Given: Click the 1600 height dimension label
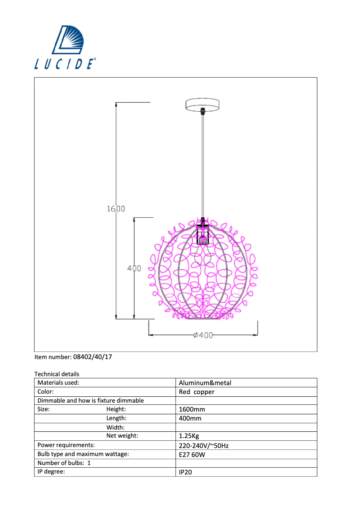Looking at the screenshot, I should coord(115,209).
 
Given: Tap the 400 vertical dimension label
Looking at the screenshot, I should coord(134,268).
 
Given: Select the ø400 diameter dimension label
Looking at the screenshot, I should coord(203,335).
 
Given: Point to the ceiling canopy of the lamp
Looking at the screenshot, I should coord(203,104).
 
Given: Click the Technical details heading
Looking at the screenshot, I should coord(57,374).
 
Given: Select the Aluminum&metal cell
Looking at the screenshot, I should coord(205,383).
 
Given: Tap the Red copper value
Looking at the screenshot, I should coord(197,392).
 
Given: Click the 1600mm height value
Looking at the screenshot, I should coord(192,409).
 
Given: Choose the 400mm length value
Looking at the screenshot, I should coord(190,418).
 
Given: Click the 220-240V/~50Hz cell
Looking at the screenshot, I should coord(204,446).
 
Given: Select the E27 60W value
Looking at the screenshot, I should coord(193,454).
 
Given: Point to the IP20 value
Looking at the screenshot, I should coord(185,472).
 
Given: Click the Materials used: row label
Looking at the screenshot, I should coord(58,383).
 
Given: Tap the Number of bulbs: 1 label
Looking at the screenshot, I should coord(64,463).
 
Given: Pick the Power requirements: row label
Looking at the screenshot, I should coord(66,445).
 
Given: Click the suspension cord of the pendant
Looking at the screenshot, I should coord(203,166).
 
